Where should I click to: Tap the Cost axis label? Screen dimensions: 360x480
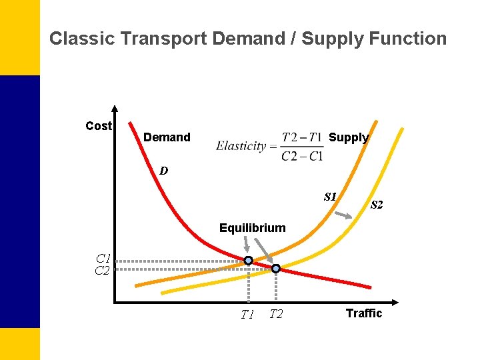[99, 126]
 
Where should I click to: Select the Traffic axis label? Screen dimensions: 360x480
[364, 313]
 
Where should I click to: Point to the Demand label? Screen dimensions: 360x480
[167, 137]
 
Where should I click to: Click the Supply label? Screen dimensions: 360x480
[349, 137]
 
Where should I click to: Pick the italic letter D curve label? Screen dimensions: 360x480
[164, 171]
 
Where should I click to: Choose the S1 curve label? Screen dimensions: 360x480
[330, 197]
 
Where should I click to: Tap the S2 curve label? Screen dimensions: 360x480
[377, 205]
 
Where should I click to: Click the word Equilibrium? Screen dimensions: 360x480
[252, 228]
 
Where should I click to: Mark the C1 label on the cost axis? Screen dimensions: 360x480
[103, 259]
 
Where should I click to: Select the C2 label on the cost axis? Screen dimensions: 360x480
[103, 271]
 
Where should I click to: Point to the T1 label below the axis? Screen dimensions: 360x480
[247, 315]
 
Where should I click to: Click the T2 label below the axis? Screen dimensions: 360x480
[276, 314]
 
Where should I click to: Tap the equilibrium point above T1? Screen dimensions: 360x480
[248, 261]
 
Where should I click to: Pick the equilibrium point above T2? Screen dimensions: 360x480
[276, 269]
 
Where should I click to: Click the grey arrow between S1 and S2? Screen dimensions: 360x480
[343, 215]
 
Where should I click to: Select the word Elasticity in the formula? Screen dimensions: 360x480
[241, 147]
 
